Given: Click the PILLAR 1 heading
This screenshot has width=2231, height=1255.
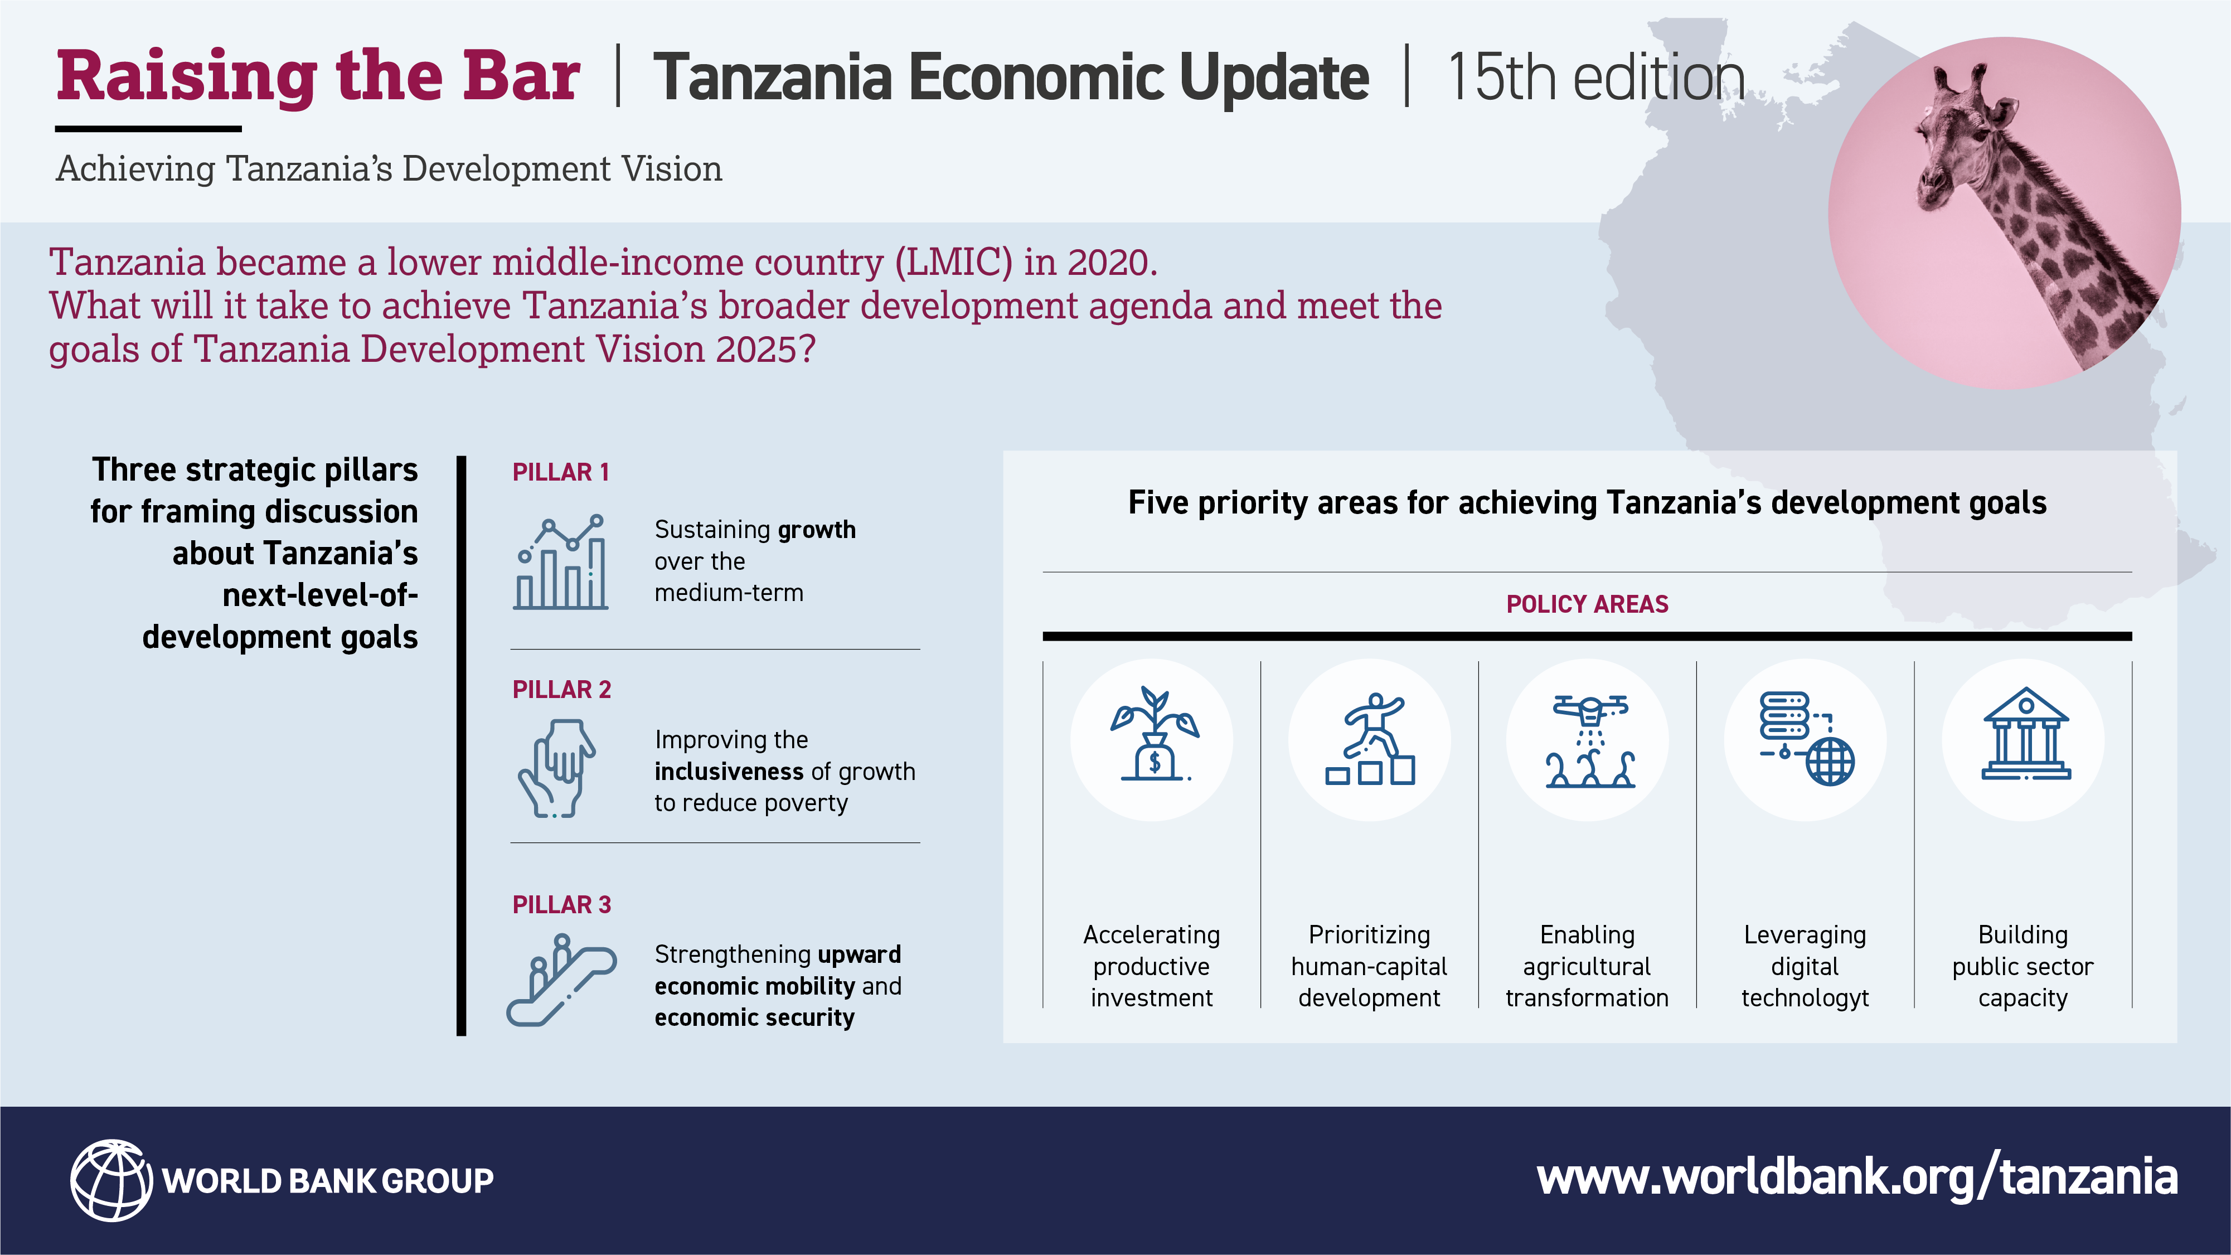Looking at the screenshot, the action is [x=560, y=472].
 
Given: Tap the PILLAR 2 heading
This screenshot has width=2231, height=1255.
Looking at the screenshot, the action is [x=561, y=690].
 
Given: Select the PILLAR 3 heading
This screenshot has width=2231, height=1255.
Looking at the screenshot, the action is [x=561, y=905].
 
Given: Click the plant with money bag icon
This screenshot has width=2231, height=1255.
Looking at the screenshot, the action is [x=1155, y=734].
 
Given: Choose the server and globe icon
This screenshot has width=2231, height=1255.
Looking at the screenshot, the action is [x=1807, y=739].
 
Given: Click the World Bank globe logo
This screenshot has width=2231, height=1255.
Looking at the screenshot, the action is [x=111, y=1180].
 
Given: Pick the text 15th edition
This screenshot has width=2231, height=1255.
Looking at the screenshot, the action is [x=1595, y=78].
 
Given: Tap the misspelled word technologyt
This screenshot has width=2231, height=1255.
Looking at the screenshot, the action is [x=1805, y=998].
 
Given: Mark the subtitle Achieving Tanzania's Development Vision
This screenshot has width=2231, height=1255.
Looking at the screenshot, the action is [x=389, y=169].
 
